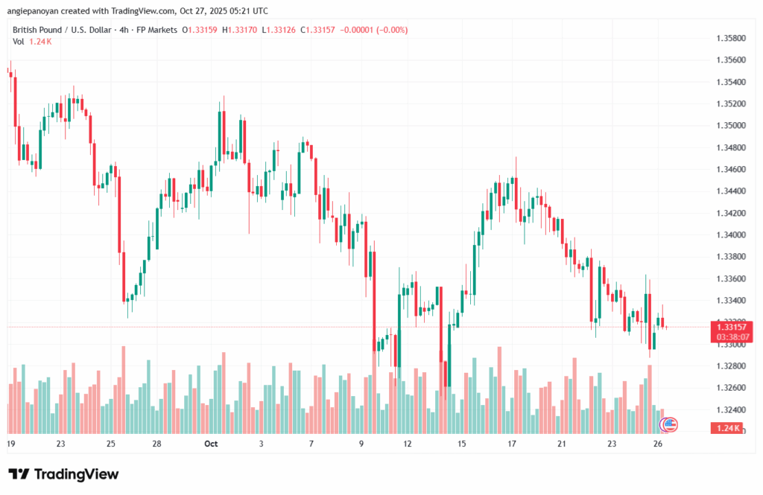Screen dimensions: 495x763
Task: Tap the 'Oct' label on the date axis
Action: [211, 444]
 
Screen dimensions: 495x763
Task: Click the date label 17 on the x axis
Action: [512, 444]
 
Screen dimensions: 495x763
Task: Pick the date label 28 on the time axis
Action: [158, 444]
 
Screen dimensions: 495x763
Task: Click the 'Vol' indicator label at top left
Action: [19, 42]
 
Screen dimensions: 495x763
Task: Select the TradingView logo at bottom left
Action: [63, 474]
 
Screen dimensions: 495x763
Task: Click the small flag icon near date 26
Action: [669, 424]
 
